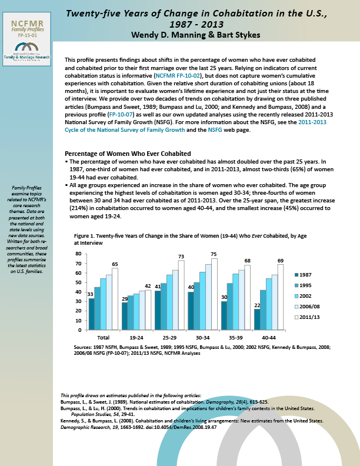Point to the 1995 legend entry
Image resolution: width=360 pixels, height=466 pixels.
click(x=305, y=285)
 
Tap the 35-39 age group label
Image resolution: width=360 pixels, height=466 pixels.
click(x=234, y=337)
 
